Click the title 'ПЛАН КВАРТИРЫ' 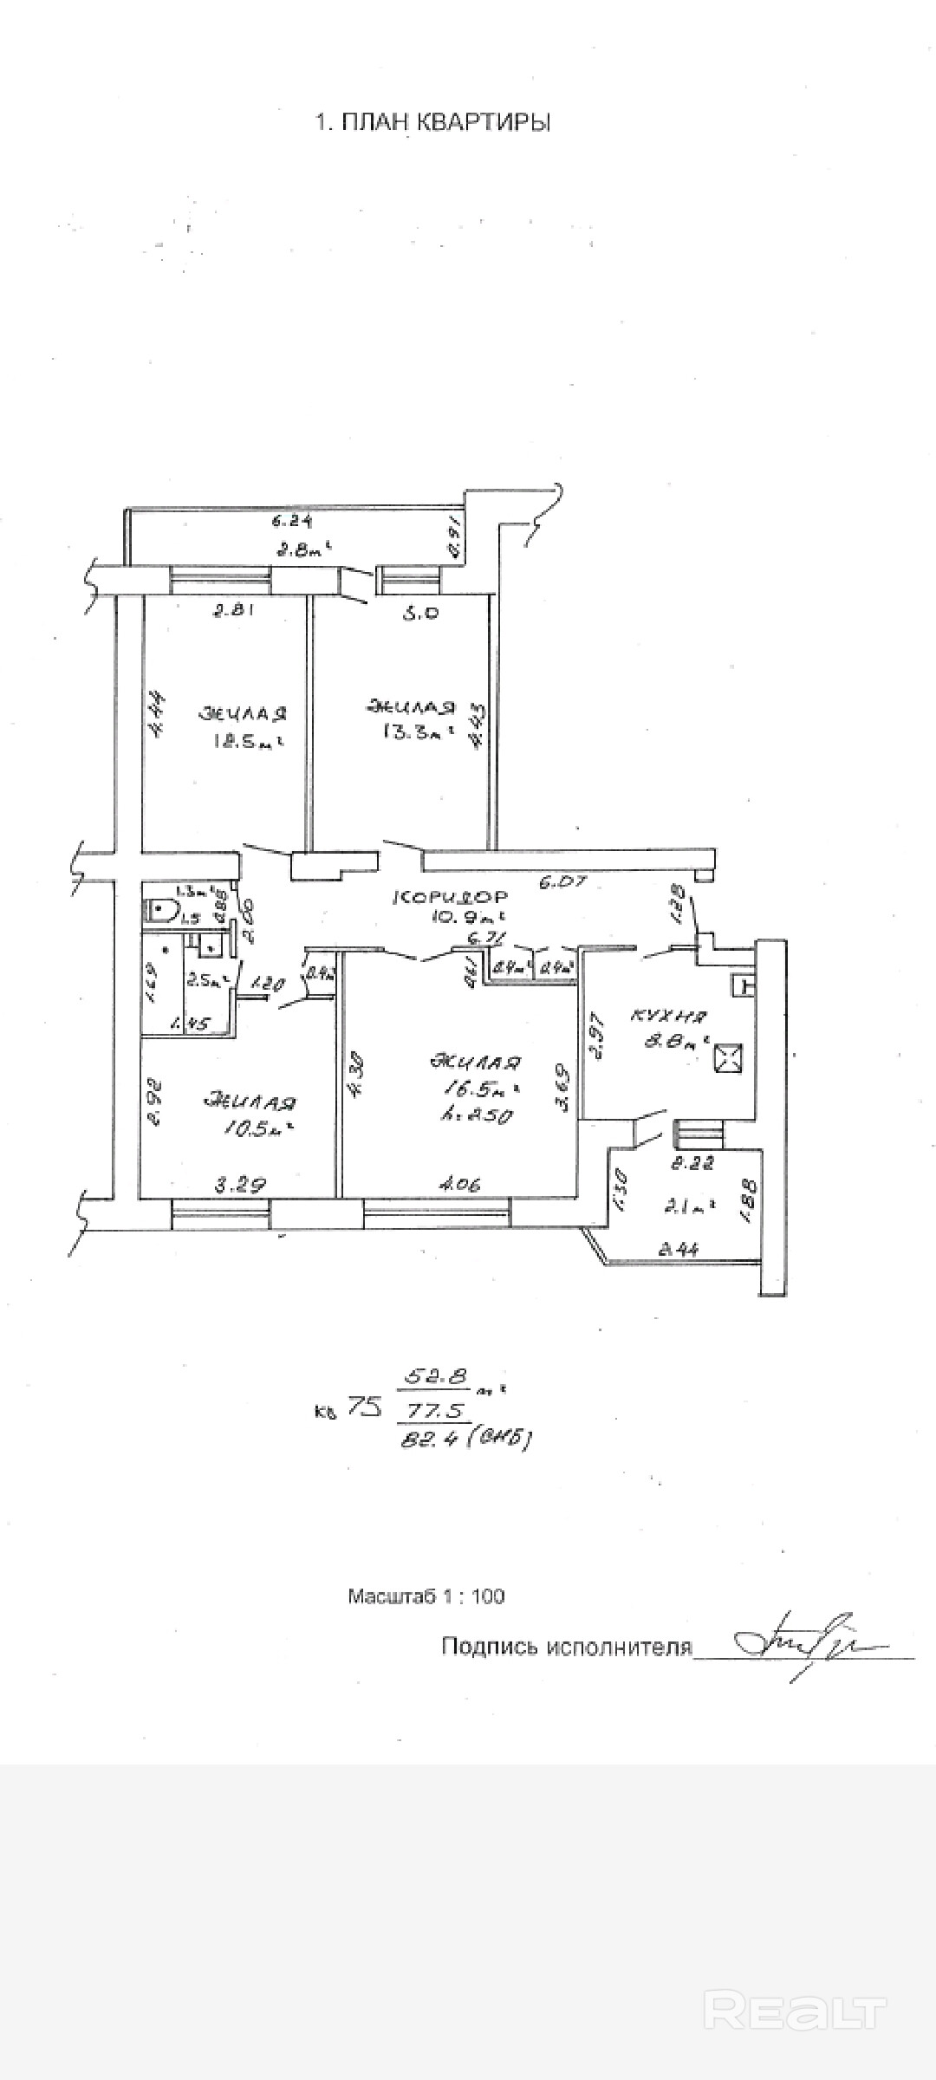(432, 122)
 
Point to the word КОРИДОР (451, 896)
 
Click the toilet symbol (161, 909)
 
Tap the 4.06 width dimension (459, 1183)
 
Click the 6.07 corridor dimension (563, 882)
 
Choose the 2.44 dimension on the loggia (679, 1249)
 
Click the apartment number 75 (365, 1407)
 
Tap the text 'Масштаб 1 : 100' (426, 1596)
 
